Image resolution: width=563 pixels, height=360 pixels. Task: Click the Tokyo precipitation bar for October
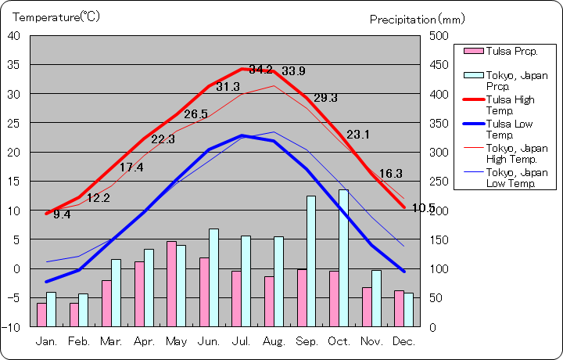coord(343,257)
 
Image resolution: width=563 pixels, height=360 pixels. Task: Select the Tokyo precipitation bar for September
coord(310,261)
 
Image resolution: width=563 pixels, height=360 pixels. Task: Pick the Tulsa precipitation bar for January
coord(41,314)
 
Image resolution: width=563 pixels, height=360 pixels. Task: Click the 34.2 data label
coord(261,69)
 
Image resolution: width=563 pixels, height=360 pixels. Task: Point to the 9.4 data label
coord(62,214)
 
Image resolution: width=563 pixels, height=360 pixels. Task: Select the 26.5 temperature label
coord(195,114)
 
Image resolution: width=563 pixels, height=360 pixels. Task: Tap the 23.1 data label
coord(358,135)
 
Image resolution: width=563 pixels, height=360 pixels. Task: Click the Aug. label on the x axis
coord(274,341)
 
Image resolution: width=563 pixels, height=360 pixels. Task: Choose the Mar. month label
coord(111,341)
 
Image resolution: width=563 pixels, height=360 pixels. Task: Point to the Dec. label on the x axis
coord(403,341)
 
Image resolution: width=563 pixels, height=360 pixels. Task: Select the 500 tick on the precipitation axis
coord(439,36)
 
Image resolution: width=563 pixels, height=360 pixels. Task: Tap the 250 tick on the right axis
coord(439,182)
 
